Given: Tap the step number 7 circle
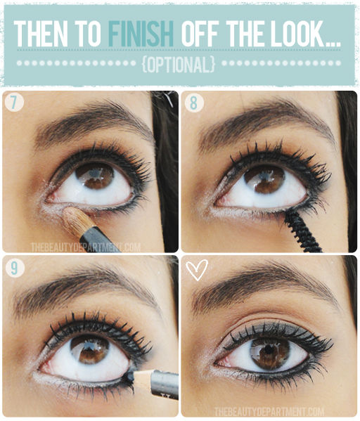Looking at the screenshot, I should click(x=14, y=103).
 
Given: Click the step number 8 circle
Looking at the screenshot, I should click(x=193, y=103).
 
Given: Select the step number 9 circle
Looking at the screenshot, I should click(x=14, y=268).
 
